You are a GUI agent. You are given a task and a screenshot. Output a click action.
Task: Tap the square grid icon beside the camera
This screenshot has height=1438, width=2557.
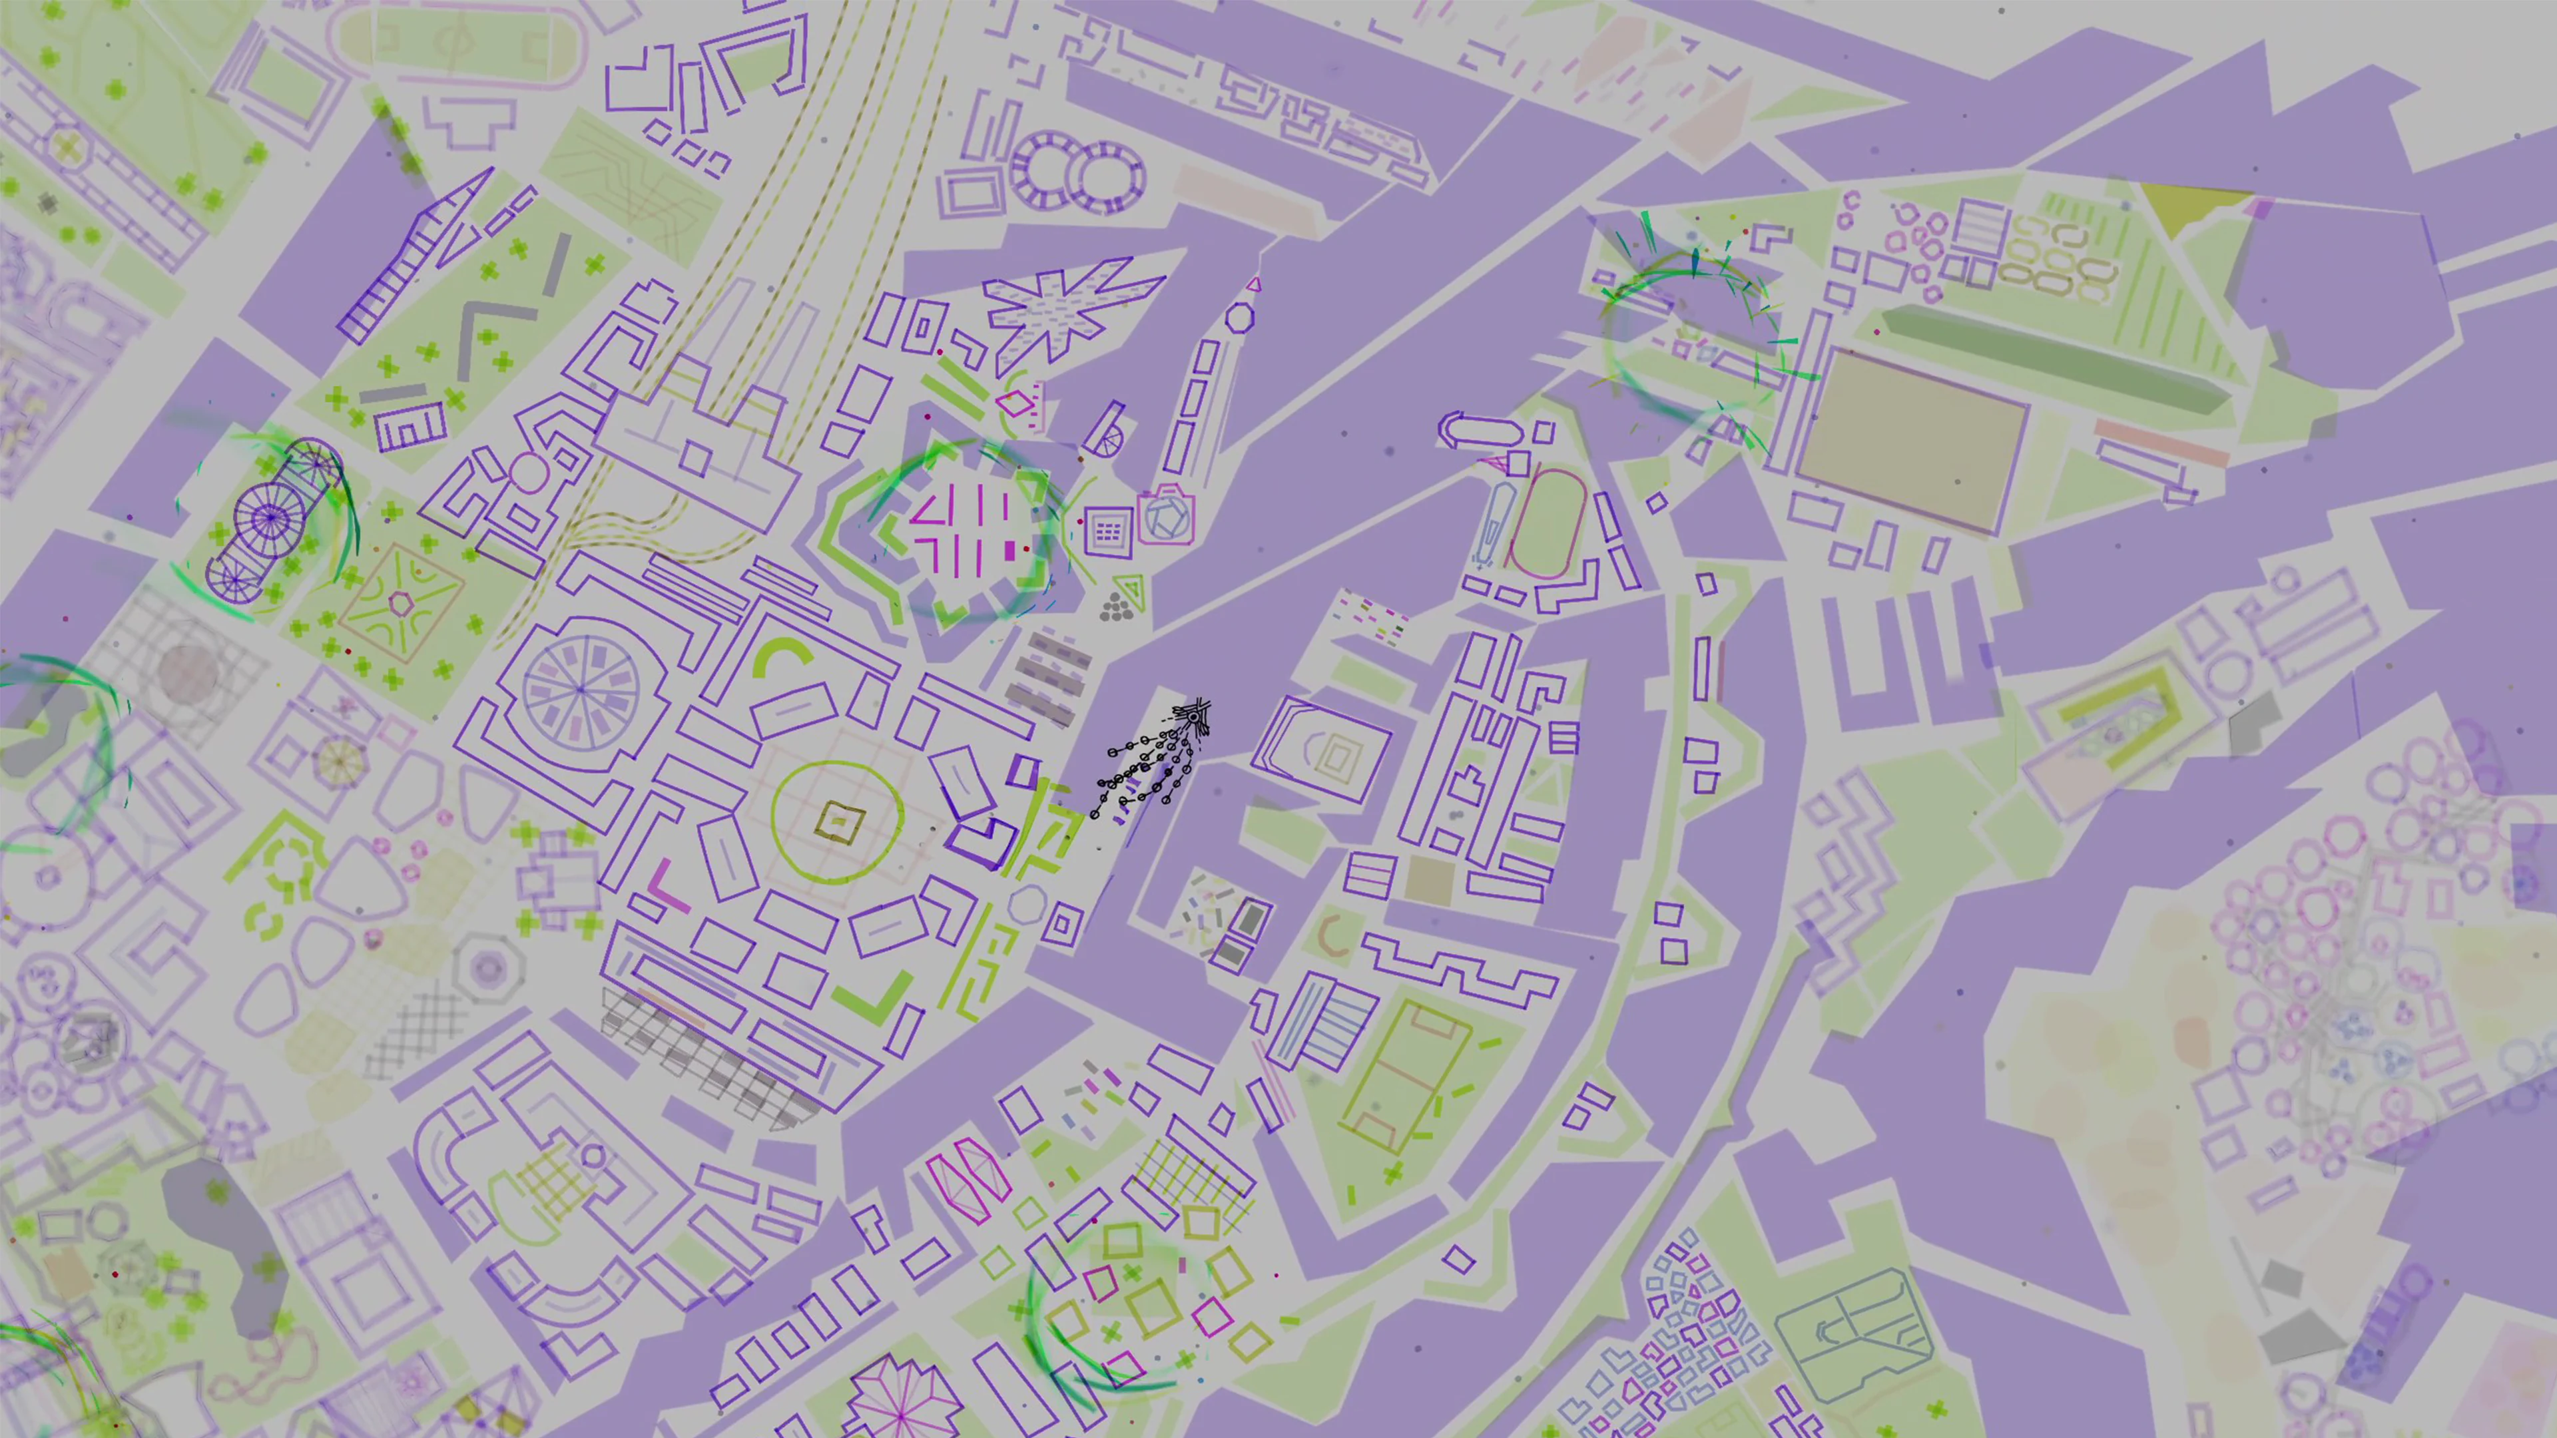pyautogui.click(x=1108, y=532)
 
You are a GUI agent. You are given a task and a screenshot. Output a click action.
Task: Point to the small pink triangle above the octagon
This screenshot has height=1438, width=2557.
pyautogui.click(x=1254, y=286)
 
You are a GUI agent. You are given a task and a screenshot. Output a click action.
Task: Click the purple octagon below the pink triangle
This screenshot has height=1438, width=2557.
pyautogui.click(x=1239, y=319)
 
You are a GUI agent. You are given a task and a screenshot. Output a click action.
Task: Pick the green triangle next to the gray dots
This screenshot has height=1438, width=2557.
pyautogui.click(x=1131, y=591)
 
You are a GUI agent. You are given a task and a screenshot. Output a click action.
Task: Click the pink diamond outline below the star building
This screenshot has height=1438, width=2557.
pyautogui.click(x=1013, y=404)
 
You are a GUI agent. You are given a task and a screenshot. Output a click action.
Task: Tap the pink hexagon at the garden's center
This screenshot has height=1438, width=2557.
pyautogui.click(x=400, y=602)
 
